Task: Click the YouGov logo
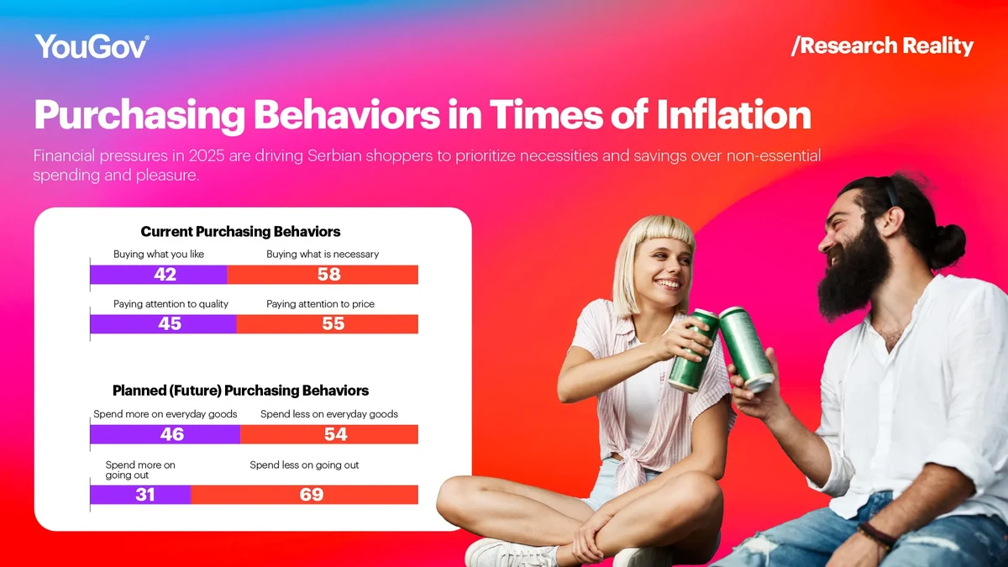pos(92,46)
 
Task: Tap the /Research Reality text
pos(882,45)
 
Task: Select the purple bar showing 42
pos(159,275)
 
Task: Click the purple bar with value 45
pos(163,324)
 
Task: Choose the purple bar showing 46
pos(165,434)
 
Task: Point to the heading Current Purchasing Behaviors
pos(240,232)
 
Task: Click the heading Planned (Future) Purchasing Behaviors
pos(240,391)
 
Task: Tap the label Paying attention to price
pos(320,304)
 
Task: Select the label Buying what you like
pos(159,254)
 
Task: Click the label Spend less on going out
pos(304,465)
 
